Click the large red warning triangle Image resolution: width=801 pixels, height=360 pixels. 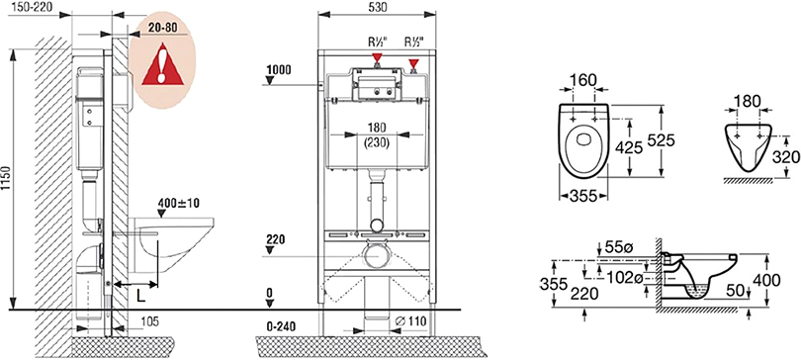pyautogui.click(x=162, y=65)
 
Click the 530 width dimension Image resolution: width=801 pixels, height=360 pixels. pyautogui.click(x=377, y=7)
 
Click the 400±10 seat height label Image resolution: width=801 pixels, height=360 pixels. pyautogui.click(x=179, y=203)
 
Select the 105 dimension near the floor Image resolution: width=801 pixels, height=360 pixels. pyautogui.click(x=148, y=321)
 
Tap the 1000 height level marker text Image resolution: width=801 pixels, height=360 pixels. pyautogui.click(x=279, y=70)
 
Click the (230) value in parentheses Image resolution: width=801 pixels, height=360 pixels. pyautogui.click(x=377, y=144)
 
